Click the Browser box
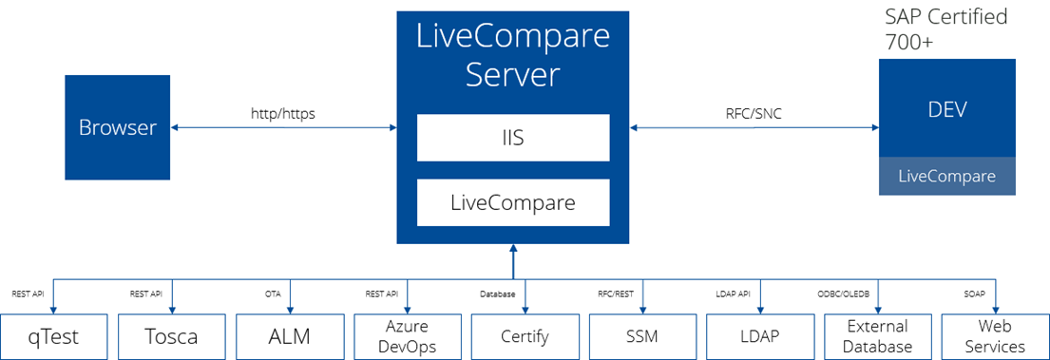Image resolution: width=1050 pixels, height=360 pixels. pos(118,127)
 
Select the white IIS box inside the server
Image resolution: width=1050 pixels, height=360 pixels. pos(512,138)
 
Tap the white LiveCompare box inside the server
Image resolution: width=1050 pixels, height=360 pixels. pos(512,202)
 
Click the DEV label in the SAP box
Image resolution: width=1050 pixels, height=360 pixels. pos(946,109)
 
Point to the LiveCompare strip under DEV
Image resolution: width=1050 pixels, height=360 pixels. pos(946,177)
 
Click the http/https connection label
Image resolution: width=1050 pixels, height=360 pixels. pos(282,114)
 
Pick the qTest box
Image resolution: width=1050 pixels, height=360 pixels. pos(53,336)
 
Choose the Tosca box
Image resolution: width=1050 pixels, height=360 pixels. pos(171,336)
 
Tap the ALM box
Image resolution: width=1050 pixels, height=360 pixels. pos(289,336)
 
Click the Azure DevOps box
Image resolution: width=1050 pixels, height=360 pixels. pos(407,336)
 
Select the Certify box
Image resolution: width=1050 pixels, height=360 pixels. pos(525,336)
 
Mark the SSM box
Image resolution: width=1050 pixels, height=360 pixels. pos(642,336)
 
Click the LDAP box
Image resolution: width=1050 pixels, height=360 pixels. pos(760,336)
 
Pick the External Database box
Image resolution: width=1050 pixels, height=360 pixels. pos(877,336)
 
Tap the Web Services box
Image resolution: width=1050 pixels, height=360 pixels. pos(995,336)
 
